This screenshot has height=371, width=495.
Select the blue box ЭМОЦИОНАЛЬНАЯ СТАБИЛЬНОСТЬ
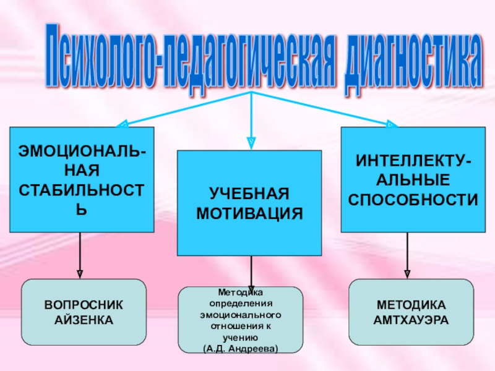point(82,179)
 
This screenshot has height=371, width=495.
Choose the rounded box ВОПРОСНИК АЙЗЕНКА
point(84,312)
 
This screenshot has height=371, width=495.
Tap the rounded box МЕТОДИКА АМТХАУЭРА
point(411,312)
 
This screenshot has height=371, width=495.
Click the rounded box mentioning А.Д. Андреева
point(241,320)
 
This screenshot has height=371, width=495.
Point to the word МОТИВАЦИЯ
point(249,213)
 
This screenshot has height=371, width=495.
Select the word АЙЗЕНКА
point(84,320)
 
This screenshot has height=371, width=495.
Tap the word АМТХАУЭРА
point(411,320)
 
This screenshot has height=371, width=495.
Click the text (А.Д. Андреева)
point(241,349)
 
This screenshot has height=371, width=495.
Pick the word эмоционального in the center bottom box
point(241,313)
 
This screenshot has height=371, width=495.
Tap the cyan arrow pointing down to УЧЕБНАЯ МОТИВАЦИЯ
point(251,124)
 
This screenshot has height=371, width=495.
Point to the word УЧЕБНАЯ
point(249,194)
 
